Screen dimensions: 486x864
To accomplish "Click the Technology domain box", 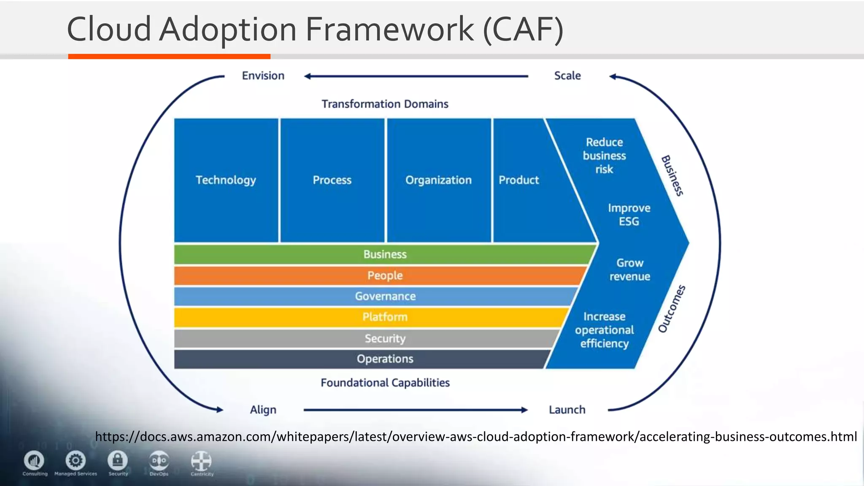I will (x=226, y=180).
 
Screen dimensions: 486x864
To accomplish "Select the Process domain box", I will (x=332, y=180).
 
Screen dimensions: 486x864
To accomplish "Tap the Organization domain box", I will (x=438, y=180).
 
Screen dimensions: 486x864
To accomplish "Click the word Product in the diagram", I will (x=518, y=180).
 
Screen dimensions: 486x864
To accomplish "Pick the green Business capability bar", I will (x=385, y=254).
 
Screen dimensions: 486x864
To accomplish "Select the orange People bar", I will (x=385, y=275).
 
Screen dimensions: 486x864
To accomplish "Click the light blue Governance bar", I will (x=385, y=296).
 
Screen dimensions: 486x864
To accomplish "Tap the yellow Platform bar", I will (x=385, y=317).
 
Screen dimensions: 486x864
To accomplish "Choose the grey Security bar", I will (x=385, y=338).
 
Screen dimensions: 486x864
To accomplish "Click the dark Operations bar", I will (x=385, y=359).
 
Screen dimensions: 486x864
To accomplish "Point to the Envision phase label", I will (x=263, y=76).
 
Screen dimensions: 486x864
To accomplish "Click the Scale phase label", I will (x=567, y=76).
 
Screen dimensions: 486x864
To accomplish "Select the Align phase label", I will (x=263, y=410).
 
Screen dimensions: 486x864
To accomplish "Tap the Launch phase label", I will (x=567, y=410).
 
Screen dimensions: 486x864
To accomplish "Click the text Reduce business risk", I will (x=604, y=156).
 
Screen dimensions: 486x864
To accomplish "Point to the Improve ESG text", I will (x=629, y=215).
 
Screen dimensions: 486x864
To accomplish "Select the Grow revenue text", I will (x=629, y=270).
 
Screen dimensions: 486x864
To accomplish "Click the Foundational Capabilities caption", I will (x=385, y=383).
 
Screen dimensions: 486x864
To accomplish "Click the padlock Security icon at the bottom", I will (x=118, y=460).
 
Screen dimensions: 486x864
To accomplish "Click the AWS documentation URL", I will (x=475, y=436).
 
